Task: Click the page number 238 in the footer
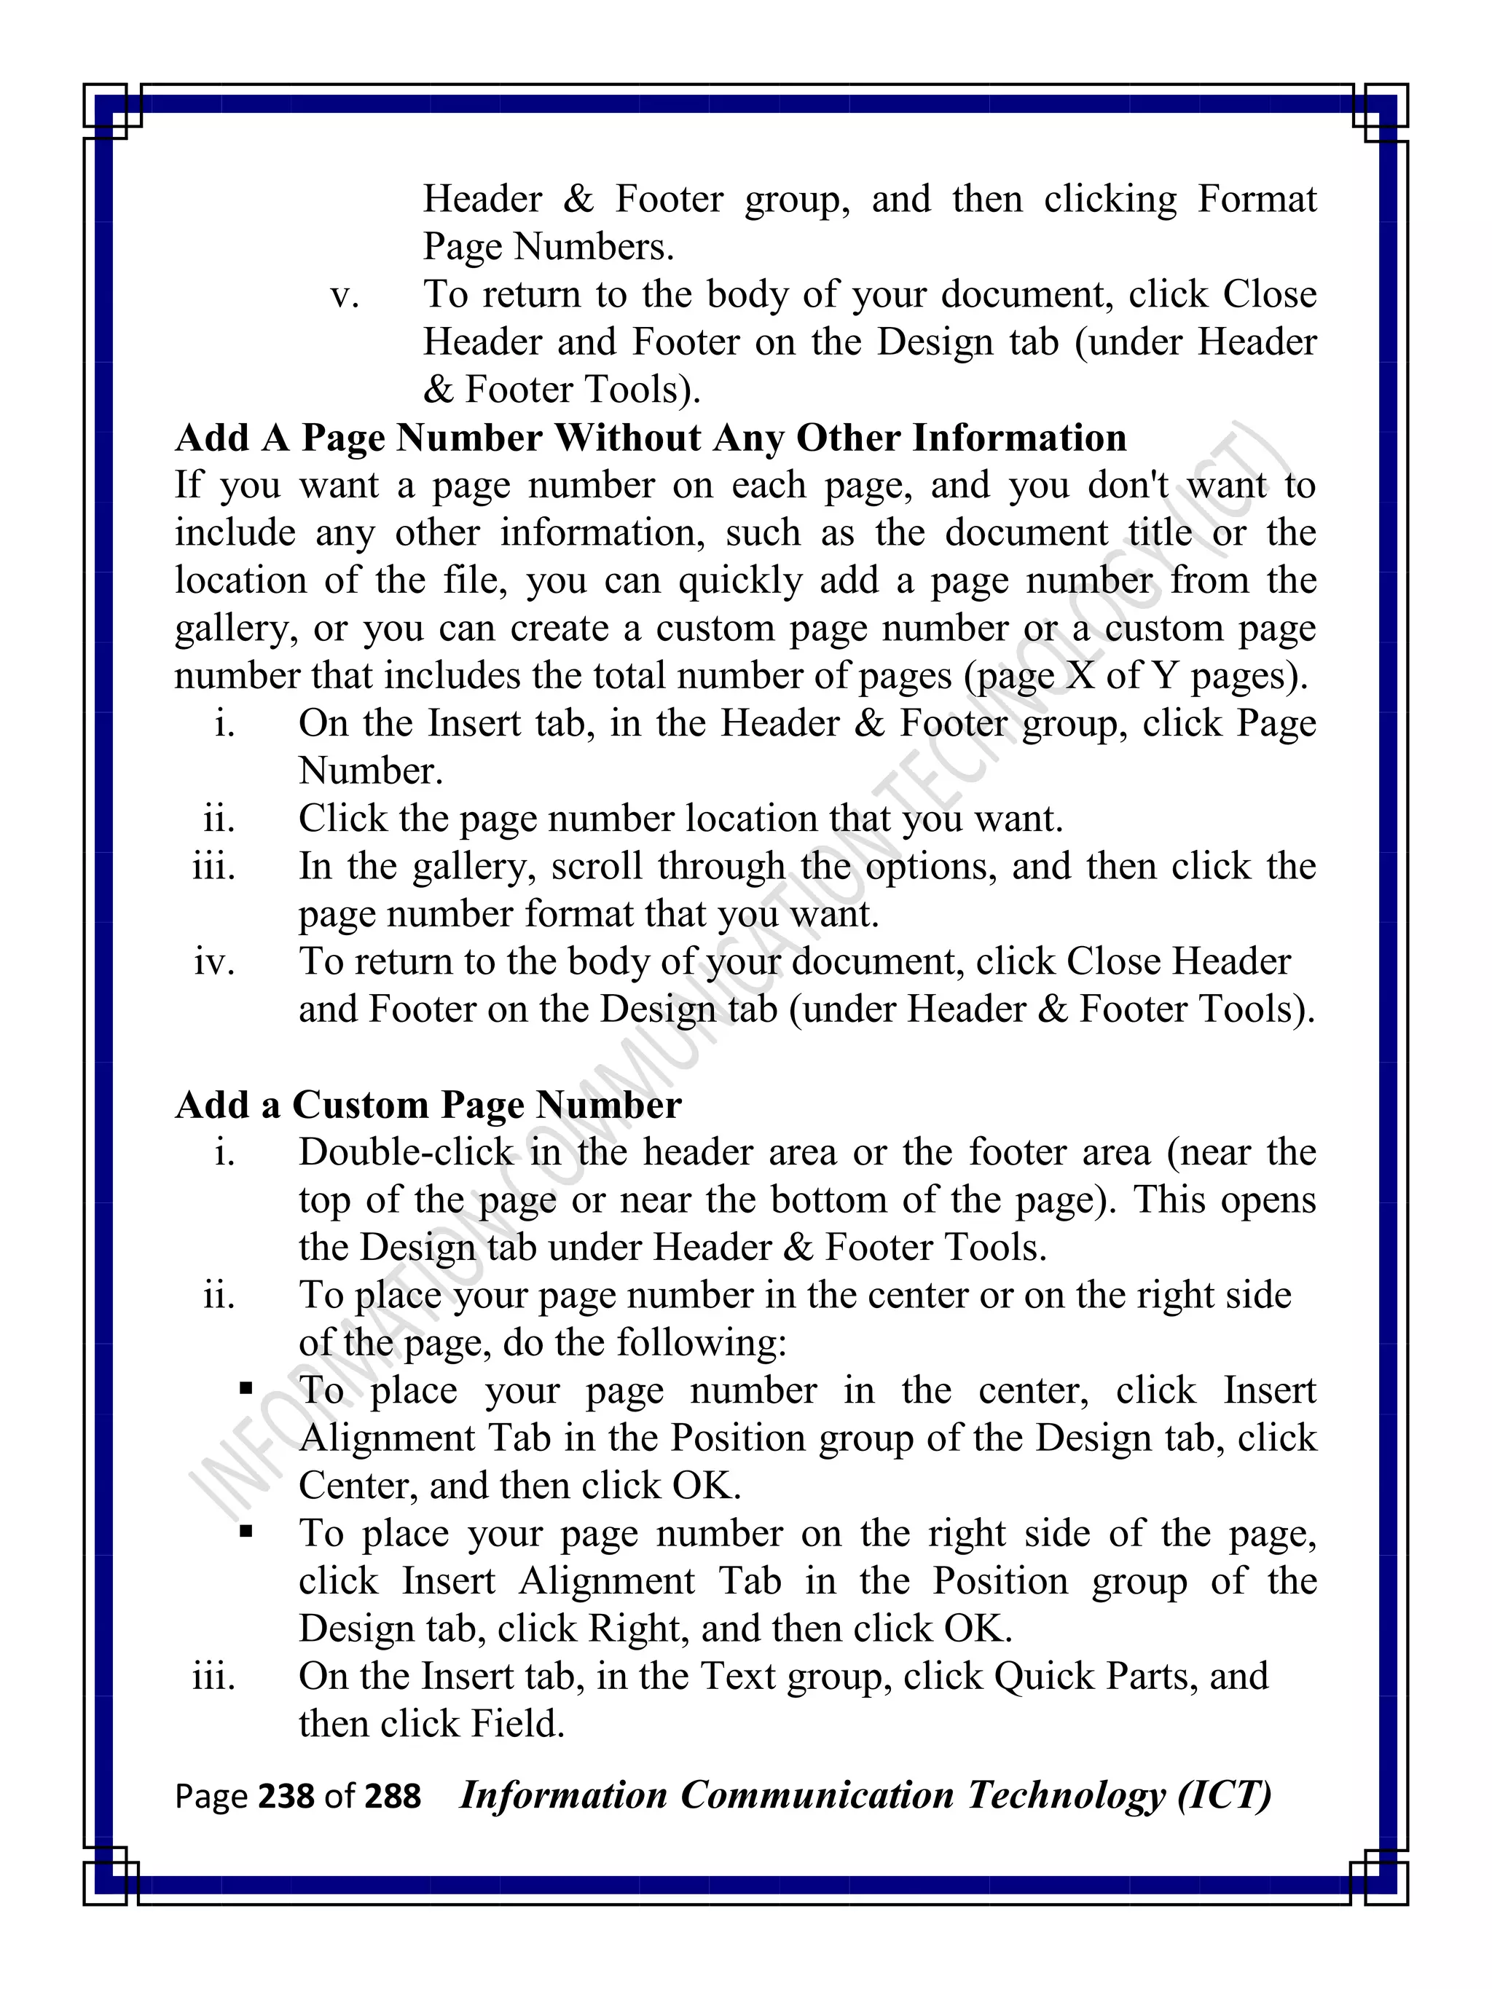pos(286,1796)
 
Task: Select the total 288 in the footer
pos(392,1796)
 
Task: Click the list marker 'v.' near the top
pos(345,295)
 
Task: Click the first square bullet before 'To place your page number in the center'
pos(246,1388)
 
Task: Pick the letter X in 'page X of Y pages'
pos(1079,675)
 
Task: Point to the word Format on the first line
pos(1257,199)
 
